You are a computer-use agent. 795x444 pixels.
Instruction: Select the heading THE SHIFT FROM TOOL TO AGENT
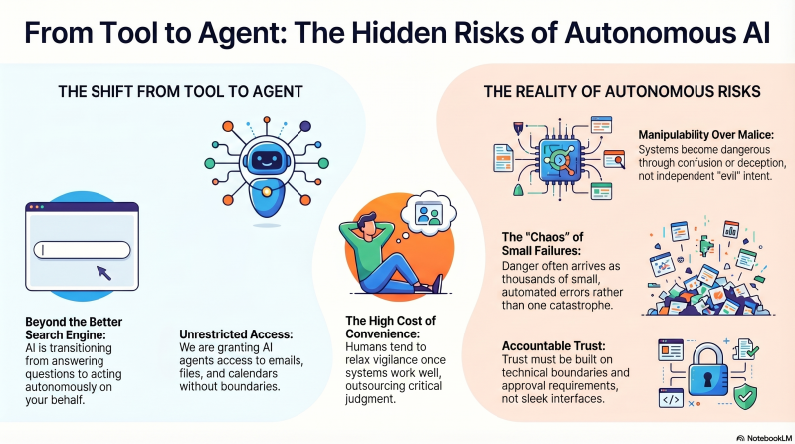181,92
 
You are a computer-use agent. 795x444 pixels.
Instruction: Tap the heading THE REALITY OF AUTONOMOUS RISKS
621,92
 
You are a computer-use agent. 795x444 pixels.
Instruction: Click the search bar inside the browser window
82,250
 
